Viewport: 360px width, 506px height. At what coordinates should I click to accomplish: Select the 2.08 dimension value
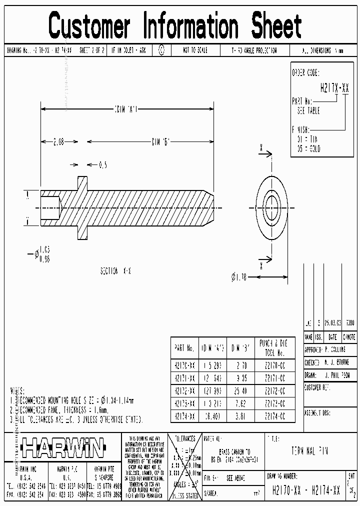click(x=58, y=141)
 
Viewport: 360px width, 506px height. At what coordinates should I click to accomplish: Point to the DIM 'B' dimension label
click(x=161, y=141)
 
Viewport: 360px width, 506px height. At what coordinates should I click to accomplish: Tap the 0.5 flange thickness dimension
click(x=102, y=164)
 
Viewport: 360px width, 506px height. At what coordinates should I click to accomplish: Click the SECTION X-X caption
click(x=116, y=270)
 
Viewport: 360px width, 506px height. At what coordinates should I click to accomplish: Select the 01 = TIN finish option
click(x=307, y=138)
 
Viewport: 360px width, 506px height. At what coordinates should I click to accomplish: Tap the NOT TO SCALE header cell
click(x=195, y=50)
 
